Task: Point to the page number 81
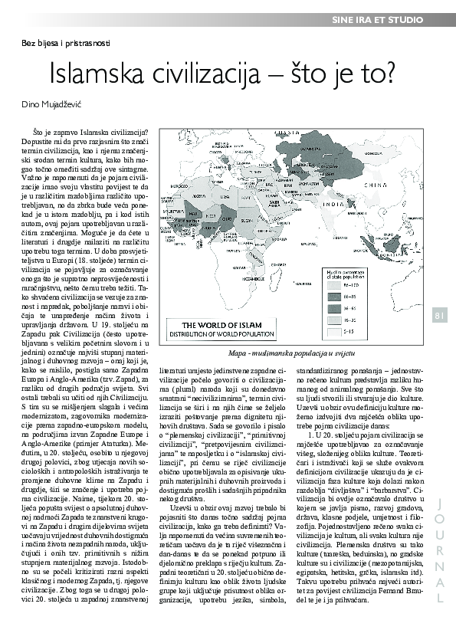(x=439, y=315)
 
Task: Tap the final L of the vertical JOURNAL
(x=440, y=597)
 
